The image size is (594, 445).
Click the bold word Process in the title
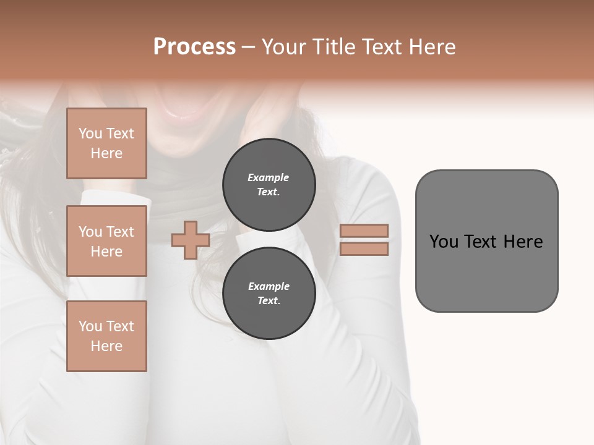[194, 47]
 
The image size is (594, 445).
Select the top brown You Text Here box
[106, 143]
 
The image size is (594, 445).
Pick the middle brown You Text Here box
[106, 241]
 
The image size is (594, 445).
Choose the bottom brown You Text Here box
[106, 336]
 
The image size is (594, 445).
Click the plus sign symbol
[190, 240]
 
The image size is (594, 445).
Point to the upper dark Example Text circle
[269, 184]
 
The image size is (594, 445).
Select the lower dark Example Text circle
[269, 293]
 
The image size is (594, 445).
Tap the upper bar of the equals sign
[364, 231]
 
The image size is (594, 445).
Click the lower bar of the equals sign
[364, 249]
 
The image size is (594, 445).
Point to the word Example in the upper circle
[269, 177]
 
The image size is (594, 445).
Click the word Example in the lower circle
[269, 286]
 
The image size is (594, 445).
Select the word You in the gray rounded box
[444, 242]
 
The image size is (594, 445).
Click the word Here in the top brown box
[106, 153]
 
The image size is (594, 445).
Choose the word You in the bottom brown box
[90, 326]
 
